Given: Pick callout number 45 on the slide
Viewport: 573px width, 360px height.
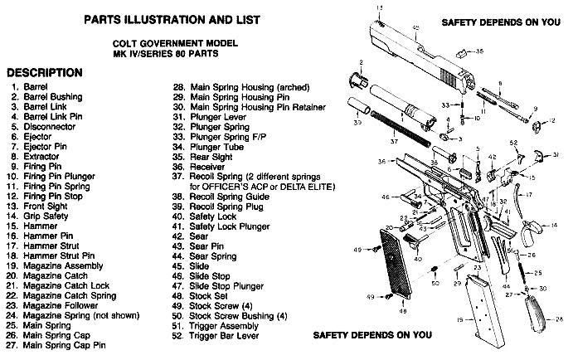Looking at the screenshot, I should pyautogui.click(x=415, y=28).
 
